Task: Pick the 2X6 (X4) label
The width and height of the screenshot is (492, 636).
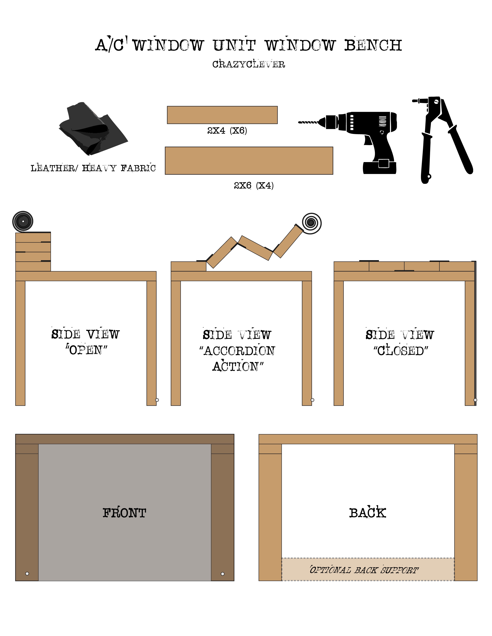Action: [x=253, y=185]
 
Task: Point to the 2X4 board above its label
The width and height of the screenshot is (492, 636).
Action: [x=222, y=115]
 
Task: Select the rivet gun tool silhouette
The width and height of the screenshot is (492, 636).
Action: [x=440, y=137]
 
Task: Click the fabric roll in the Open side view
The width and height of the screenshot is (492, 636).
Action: [x=23, y=221]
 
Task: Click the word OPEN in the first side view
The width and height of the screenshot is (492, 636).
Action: [x=86, y=350]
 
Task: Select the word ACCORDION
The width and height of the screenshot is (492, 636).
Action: [x=239, y=351]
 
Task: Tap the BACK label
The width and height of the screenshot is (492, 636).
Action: [x=368, y=513]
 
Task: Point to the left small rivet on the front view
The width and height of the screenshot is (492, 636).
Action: [x=27, y=574]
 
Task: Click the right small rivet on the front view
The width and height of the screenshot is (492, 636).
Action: [x=222, y=574]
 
